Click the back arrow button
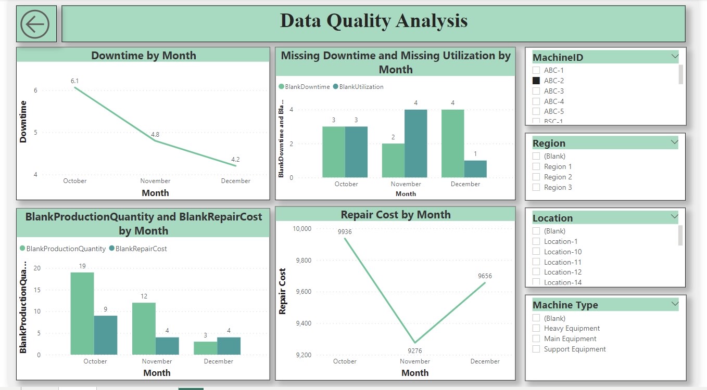coord(35,24)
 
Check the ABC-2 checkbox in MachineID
coord(536,81)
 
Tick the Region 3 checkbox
coord(536,187)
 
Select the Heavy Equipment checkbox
coord(536,328)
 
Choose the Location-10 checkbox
coord(536,252)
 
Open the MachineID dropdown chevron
coord(675,56)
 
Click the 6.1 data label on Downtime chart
coord(75,81)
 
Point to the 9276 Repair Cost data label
coord(414,350)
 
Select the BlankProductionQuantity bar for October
coord(82,314)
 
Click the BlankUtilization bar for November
coord(415,144)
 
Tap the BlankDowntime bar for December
coord(452,144)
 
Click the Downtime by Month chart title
coord(143,56)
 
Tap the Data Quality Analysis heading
coord(373,21)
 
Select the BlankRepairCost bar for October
coord(106,335)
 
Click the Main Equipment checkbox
coord(536,339)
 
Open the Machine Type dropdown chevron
coord(675,304)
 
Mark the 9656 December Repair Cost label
coord(484,276)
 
